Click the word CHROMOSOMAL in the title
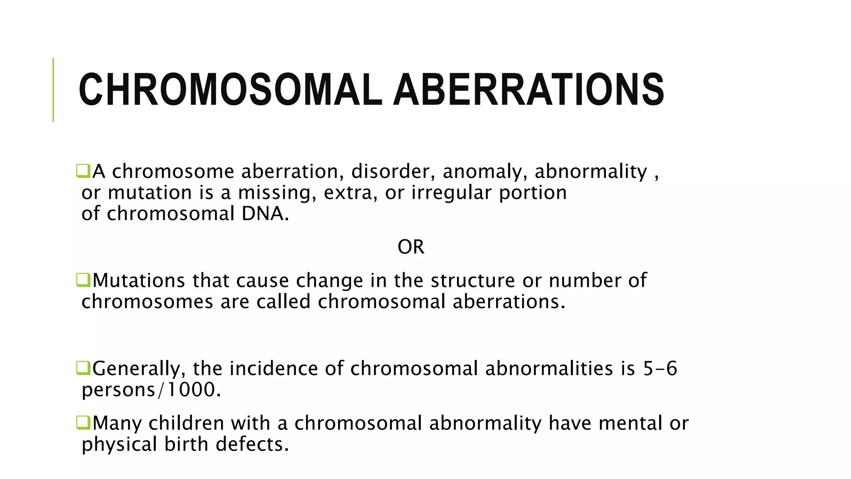[230, 90]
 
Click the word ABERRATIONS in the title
[529, 90]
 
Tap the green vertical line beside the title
[53, 89]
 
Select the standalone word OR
[411, 247]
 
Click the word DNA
[264, 214]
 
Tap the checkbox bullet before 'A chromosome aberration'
[83, 171]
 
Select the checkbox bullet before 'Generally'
[83, 368]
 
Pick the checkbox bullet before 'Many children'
[83, 422]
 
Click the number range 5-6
[660, 368]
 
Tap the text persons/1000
[151, 390]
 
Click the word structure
[472, 280]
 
